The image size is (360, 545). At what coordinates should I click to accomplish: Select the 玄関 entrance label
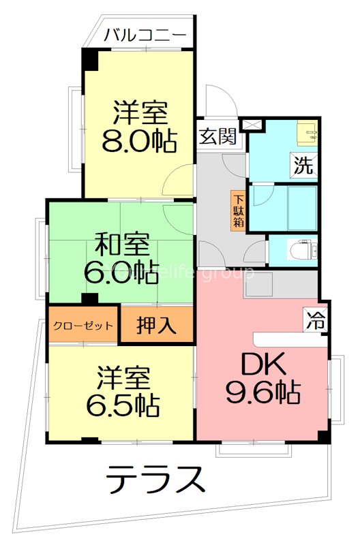[218, 136]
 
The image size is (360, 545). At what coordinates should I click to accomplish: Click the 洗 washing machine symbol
[304, 164]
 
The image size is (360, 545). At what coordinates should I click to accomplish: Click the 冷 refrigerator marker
[315, 321]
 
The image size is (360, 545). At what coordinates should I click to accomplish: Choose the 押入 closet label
[156, 326]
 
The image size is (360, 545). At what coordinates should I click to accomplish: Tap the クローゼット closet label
[83, 325]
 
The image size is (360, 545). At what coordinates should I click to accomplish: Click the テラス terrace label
[155, 479]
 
